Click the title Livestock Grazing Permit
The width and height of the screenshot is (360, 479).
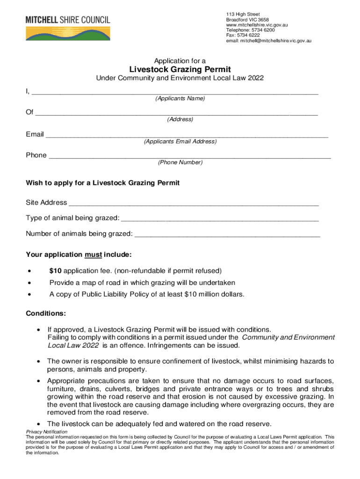click(180, 70)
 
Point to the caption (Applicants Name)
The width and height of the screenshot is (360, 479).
click(180, 99)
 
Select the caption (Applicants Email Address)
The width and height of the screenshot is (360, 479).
click(180, 141)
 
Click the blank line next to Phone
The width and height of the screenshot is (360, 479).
click(190, 156)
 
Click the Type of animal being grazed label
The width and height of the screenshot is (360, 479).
click(72, 218)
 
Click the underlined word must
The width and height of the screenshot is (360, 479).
click(93, 255)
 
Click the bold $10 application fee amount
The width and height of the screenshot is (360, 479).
click(55, 271)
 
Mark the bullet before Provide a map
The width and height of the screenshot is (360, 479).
click(30, 283)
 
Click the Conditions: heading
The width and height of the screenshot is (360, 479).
click(46, 313)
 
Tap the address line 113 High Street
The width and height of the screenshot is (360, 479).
click(243, 15)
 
